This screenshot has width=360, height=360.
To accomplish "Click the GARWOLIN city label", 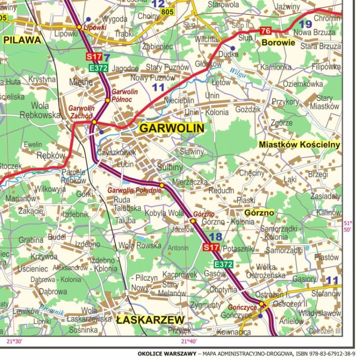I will (171, 128).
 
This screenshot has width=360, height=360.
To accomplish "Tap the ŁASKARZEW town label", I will (150, 320).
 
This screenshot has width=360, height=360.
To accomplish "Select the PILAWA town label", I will (22, 40).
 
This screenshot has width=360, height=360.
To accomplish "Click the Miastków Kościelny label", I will (299, 144).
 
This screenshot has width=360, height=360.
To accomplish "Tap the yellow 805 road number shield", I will (168, 12).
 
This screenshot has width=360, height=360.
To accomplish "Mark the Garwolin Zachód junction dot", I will (94, 122).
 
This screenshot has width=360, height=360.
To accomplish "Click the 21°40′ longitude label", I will (189, 342).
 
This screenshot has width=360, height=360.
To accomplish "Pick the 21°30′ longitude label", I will (14, 342).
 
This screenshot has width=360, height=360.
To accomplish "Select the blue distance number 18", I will (216, 237).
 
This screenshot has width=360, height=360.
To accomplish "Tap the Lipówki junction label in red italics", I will (95, 27).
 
